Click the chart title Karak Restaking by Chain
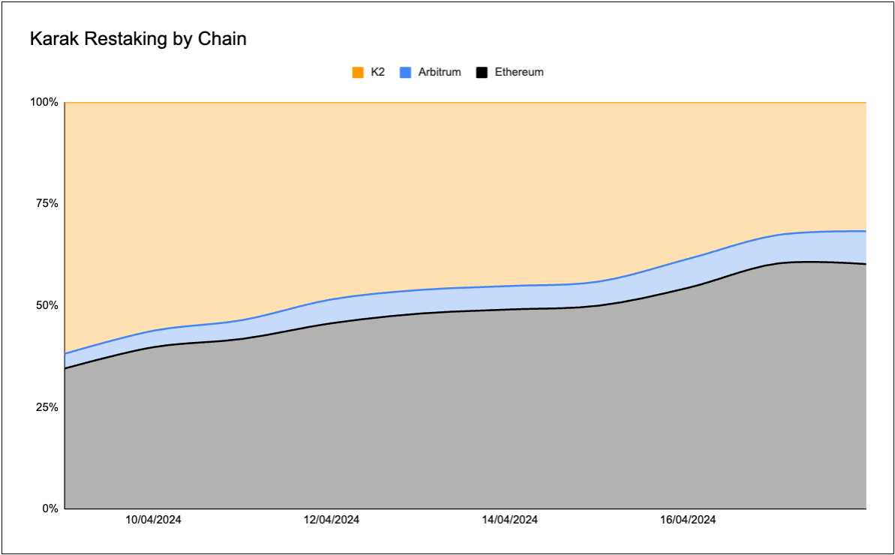[x=138, y=39]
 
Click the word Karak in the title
[x=53, y=39]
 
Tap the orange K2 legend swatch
[x=358, y=73]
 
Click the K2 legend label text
[x=378, y=73]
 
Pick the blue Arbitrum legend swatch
[x=405, y=73]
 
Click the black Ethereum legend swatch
[x=482, y=73]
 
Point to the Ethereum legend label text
[x=519, y=73]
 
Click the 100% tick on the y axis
[x=44, y=102]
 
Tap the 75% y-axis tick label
[x=47, y=204]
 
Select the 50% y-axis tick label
[x=47, y=306]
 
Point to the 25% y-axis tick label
[x=47, y=407]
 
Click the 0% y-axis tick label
[x=50, y=508]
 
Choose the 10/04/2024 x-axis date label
[x=153, y=520]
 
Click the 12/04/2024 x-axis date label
[x=332, y=520]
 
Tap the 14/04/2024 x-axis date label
[x=509, y=520]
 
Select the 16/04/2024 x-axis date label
[x=688, y=520]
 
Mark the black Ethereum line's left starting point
[x=66, y=368]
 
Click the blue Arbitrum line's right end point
[x=866, y=231]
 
